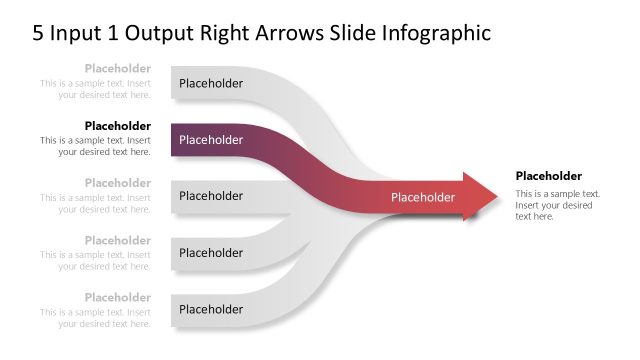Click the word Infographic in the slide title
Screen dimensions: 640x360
pos(437,33)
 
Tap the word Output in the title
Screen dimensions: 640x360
pos(154,33)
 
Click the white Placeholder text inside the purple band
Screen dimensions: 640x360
pos(211,140)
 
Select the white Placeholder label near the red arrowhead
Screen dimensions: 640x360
pos(423,197)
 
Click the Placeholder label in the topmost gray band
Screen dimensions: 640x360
pos(211,84)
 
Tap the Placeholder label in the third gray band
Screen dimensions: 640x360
pos(211,196)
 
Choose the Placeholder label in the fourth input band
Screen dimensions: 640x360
pos(211,253)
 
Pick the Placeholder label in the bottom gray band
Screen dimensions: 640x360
pos(211,309)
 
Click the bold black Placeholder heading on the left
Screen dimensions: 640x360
pos(118,126)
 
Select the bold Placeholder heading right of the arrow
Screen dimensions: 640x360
pos(549,176)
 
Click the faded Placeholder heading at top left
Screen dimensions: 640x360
pos(118,69)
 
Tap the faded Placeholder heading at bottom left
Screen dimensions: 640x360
pos(118,297)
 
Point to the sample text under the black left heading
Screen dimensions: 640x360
pos(96,146)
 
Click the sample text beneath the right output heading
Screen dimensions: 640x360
pos(557,205)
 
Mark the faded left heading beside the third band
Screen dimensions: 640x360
pos(118,183)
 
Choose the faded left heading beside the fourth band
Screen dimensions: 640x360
pos(118,240)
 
